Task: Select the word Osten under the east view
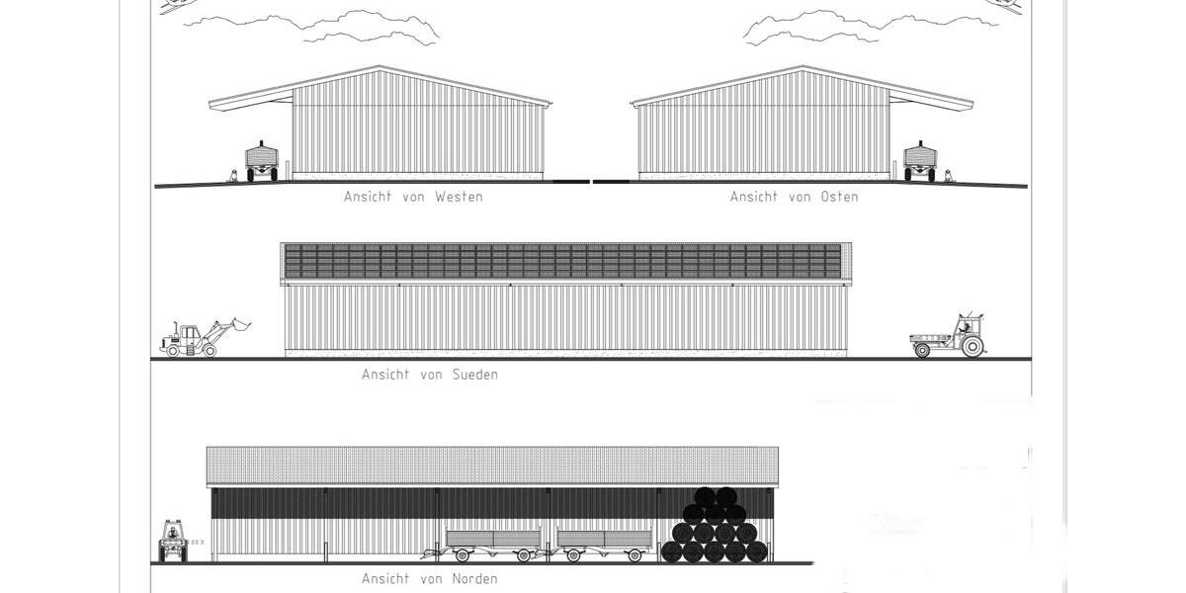point(839,197)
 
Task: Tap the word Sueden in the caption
point(474,375)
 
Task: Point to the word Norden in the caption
point(474,578)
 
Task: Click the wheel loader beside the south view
point(198,338)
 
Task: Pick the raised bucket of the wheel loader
point(236,324)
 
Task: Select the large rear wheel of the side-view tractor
point(972,345)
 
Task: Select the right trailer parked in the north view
point(604,542)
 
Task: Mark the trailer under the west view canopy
point(262,160)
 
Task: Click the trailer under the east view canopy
point(920,160)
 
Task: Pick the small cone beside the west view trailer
point(233,176)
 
